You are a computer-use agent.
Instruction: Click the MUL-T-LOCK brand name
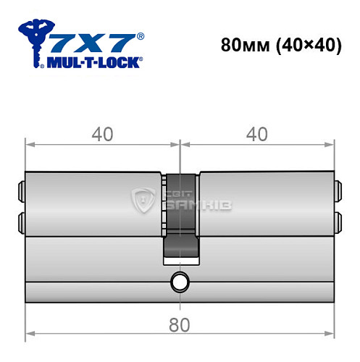93,62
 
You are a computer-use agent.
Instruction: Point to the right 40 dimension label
257,135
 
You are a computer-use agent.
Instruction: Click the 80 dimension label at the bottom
182,326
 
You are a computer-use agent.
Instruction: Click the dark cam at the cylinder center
180,217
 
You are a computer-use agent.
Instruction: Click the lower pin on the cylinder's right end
337,219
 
